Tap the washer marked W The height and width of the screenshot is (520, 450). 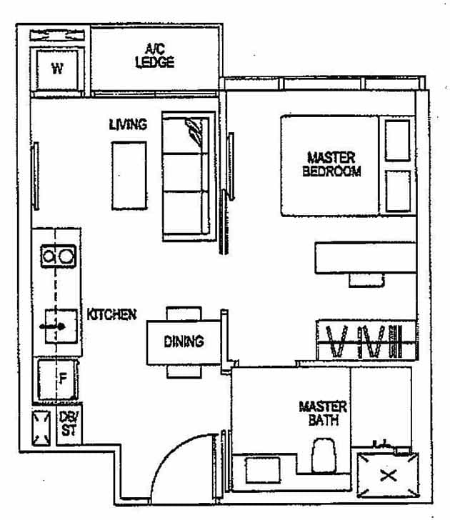click(58, 70)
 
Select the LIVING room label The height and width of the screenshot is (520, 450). click(128, 124)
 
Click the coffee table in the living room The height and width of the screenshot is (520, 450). click(129, 175)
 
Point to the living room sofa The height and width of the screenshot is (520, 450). click(188, 175)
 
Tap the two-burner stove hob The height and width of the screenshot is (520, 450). click(58, 255)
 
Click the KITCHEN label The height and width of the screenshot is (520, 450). click(111, 314)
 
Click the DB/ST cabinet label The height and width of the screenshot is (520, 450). click(70, 423)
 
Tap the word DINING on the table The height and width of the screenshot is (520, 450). click(184, 341)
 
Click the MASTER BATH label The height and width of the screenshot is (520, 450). click(323, 414)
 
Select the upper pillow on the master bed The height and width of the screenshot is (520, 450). click(397, 140)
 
